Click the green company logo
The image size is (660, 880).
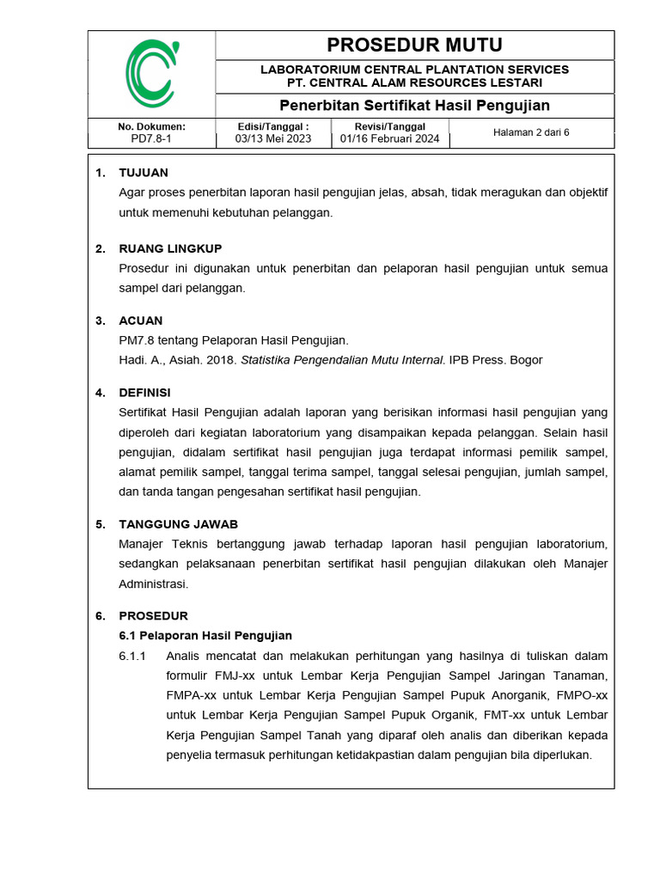(151, 74)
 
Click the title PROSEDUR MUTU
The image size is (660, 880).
(414, 45)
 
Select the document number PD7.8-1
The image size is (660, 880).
(151, 138)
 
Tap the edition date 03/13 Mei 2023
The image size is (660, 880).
(272, 138)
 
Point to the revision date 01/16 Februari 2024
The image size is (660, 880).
(389, 138)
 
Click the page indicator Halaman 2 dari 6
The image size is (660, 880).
(531, 132)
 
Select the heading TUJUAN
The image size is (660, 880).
(144, 173)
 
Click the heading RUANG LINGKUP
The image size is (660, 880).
(170, 248)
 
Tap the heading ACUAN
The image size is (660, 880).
(141, 321)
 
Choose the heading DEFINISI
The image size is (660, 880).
(144, 393)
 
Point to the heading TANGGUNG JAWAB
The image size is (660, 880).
(178, 523)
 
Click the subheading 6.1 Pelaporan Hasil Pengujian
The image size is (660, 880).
(205, 635)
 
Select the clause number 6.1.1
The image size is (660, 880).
(132, 656)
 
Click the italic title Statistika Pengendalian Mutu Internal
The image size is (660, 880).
(343, 360)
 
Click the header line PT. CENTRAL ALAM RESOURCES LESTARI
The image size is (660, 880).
(414, 82)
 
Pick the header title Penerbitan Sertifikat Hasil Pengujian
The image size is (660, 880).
(414, 106)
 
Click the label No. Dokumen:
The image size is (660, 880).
(151, 126)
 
